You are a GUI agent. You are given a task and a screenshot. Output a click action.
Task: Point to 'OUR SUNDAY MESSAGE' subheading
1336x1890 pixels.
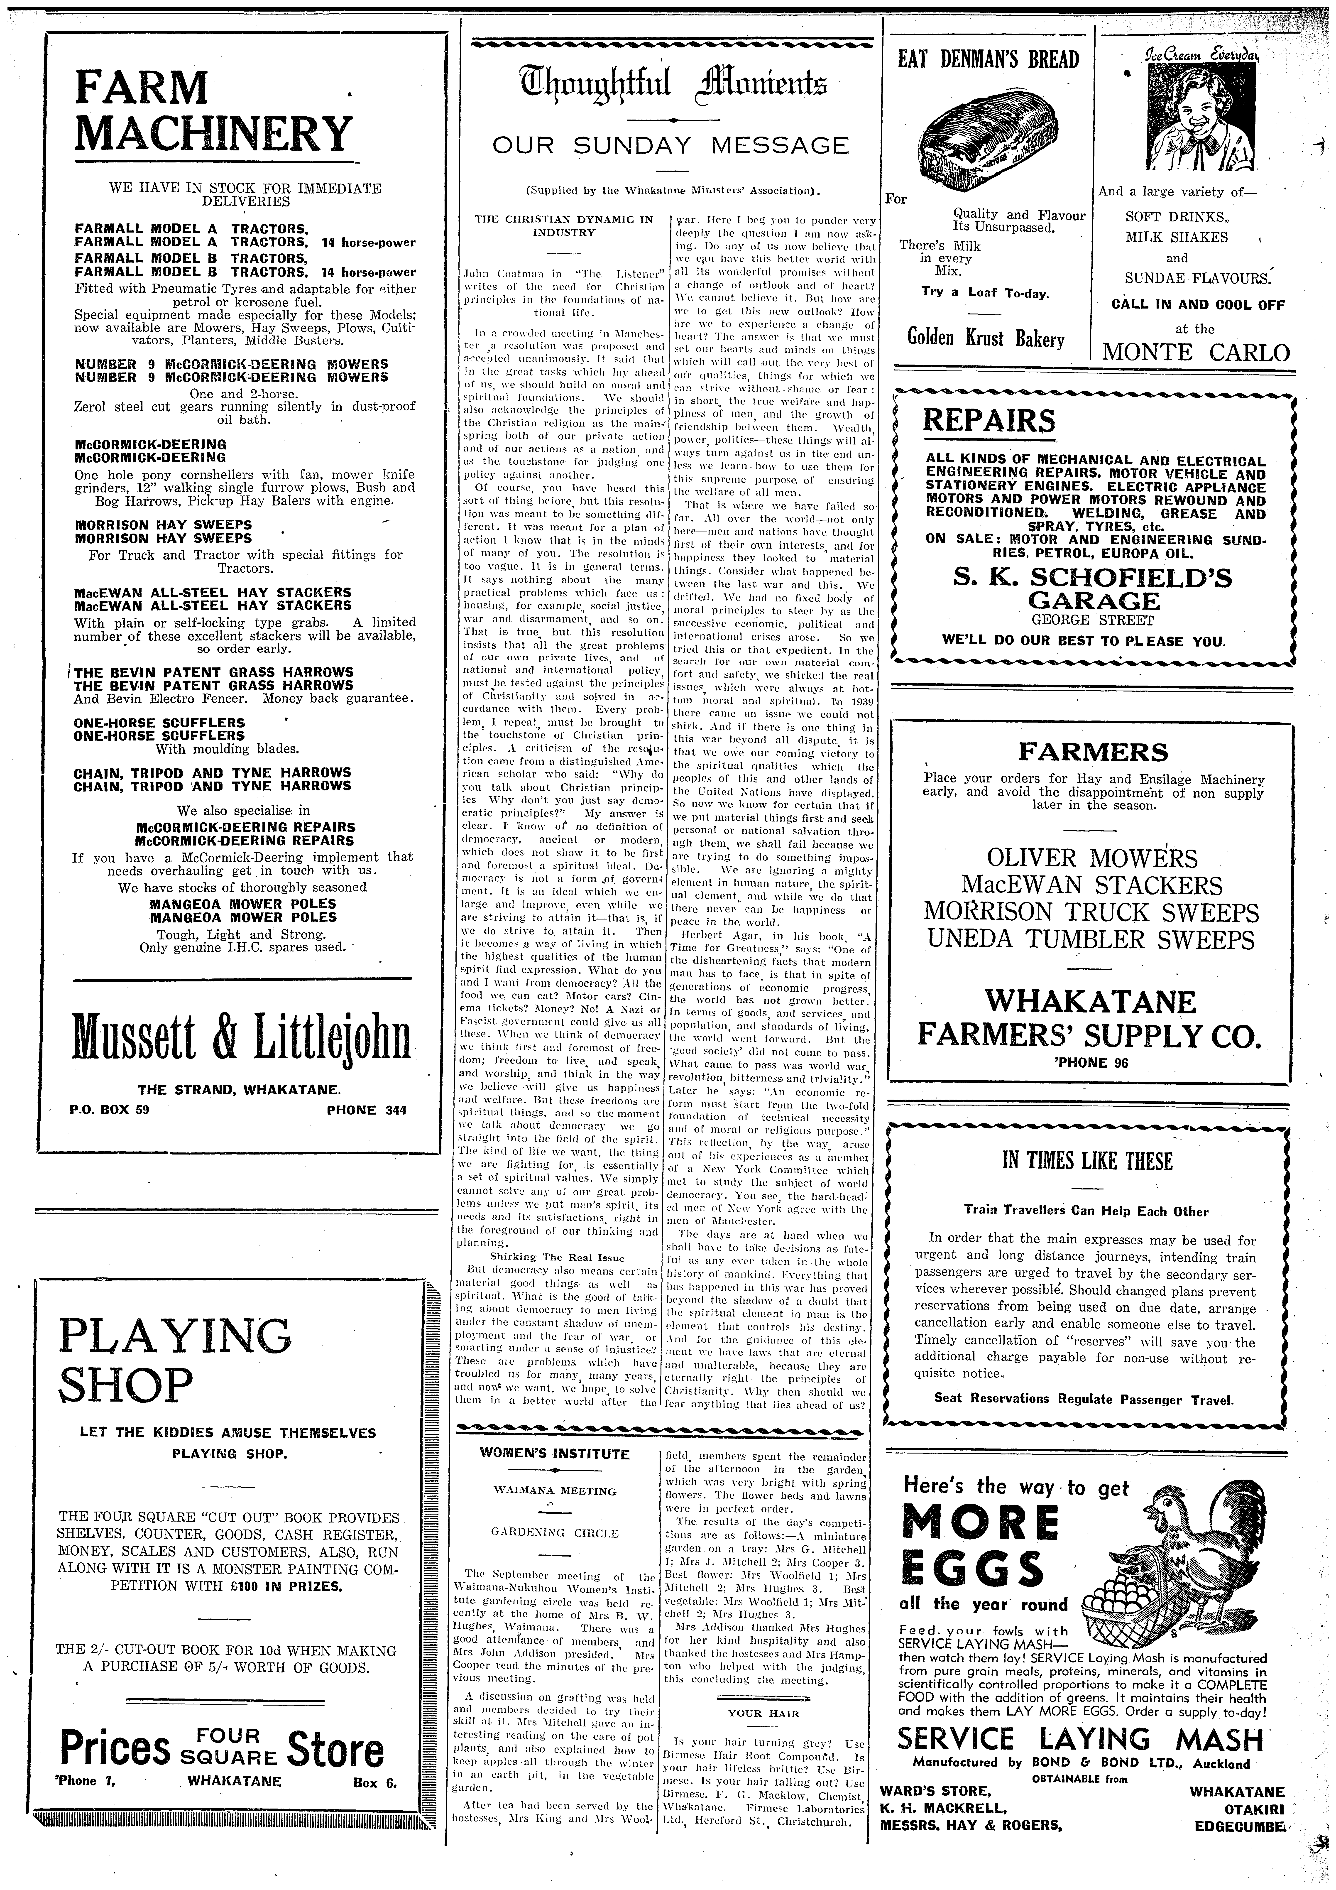tap(670, 147)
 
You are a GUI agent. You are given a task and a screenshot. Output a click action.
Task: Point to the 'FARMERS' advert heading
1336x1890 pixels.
tap(1092, 752)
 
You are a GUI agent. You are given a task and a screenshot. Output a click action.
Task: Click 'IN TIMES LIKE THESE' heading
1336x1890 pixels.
tap(1087, 1162)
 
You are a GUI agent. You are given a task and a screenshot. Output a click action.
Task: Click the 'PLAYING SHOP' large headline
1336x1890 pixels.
tap(174, 1360)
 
